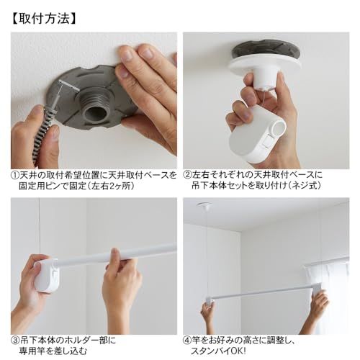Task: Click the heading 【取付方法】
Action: [x=44, y=19]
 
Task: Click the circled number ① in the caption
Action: [x=15, y=175]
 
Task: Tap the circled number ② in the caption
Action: [x=187, y=175]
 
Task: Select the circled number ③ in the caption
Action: [x=15, y=341]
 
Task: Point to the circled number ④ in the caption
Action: [x=187, y=341]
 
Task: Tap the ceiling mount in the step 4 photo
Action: [x=204, y=205]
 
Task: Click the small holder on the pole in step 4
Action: [x=210, y=300]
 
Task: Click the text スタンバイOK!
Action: [x=218, y=351]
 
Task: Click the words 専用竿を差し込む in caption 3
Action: [x=53, y=351]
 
